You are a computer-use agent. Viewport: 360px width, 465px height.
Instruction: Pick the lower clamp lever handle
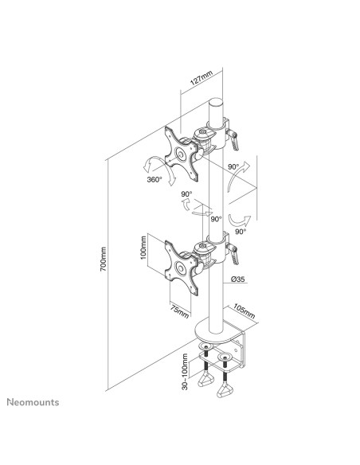click(237, 253)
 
